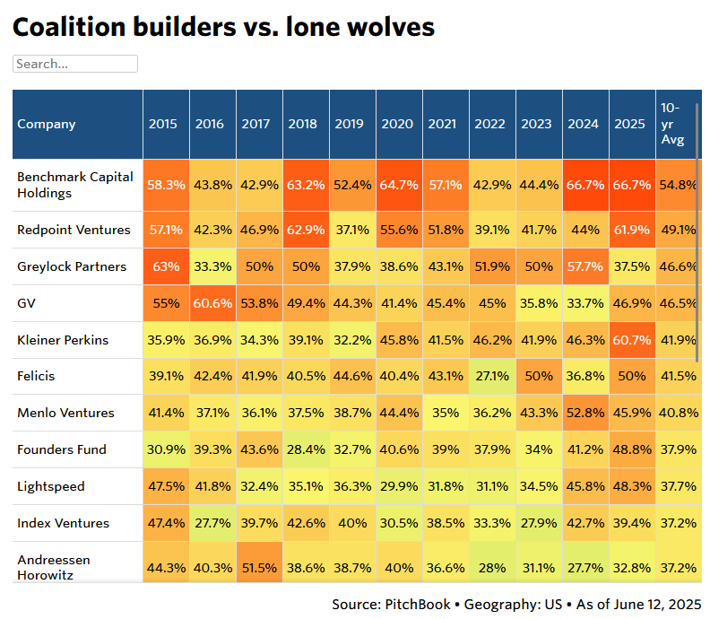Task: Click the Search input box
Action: pos(75,64)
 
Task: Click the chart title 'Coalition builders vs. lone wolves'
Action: pos(223,27)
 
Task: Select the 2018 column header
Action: pos(302,125)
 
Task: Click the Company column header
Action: pos(47,125)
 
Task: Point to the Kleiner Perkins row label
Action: pos(63,340)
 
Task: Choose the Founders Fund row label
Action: pos(62,449)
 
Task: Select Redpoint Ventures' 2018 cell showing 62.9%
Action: pos(303,230)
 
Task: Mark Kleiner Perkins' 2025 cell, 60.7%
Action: pos(630,340)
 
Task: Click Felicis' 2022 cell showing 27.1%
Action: pos(489,377)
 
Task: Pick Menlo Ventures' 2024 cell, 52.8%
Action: pos(584,413)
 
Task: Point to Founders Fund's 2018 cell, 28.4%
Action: pos(303,449)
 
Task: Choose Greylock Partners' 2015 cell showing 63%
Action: pos(167,266)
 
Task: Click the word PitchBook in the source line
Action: pos(420,605)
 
